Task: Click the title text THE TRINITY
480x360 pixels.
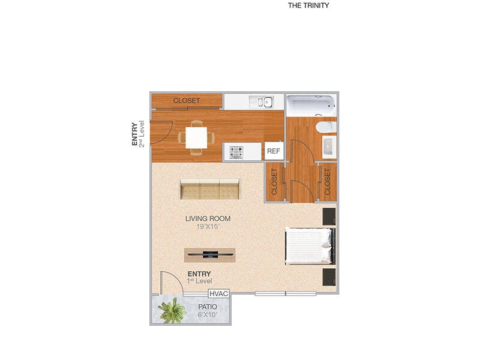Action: coord(308,5)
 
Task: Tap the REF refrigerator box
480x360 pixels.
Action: coord(274,151)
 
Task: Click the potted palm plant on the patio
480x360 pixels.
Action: coord(172,311)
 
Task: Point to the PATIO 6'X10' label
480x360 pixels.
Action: coord(208,310)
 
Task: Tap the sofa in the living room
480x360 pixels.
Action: coord(209,190)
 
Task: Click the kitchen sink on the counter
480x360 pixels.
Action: coord(262,101)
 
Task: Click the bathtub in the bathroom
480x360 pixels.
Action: coord(311,106)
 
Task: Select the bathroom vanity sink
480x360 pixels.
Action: coord(329,147)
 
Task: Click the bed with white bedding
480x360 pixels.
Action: coord(309,246)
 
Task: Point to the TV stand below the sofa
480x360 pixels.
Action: coord(210,254)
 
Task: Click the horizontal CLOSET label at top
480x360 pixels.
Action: coord(187,101)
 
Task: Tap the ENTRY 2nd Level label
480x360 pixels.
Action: coord(138,134)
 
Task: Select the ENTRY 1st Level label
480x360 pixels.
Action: coord(200,277)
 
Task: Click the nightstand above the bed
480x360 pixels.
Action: coord(329,216)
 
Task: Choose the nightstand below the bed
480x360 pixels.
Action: coord(329,277)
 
